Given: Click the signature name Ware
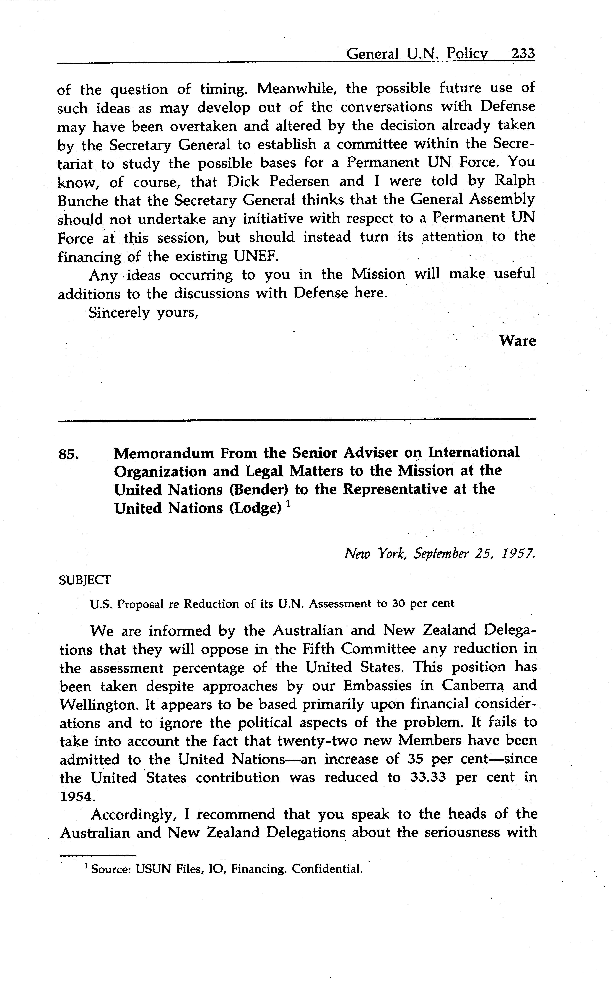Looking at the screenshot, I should [x=517, y=341].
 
